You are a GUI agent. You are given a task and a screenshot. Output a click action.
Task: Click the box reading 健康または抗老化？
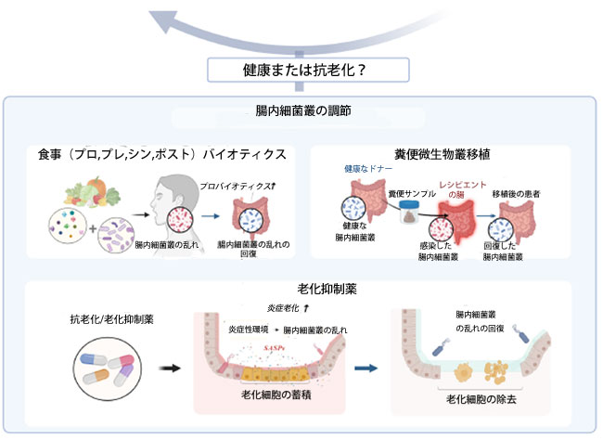(x=301, y=71)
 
